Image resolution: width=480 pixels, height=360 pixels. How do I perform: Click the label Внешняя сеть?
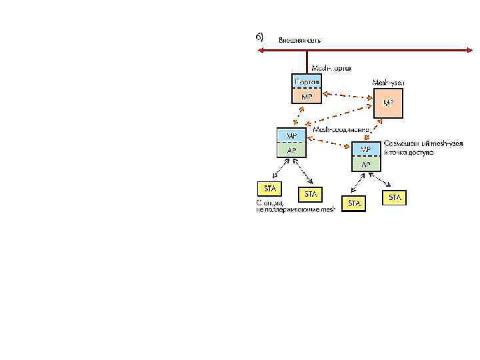299,40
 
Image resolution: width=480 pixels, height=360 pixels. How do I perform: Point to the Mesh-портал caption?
332,68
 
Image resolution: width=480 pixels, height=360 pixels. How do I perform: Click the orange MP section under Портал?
307,96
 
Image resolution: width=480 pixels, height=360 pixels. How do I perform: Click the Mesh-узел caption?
388,83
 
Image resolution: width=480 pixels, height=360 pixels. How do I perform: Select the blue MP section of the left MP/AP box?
292,135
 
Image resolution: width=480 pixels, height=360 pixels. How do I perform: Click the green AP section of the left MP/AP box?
292,150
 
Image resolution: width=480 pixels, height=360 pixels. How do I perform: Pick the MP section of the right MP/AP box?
367,149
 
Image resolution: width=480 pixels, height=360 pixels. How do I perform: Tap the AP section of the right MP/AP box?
367,163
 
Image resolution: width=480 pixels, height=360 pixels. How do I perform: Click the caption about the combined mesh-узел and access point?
422,148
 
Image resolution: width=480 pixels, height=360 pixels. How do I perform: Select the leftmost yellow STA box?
269,188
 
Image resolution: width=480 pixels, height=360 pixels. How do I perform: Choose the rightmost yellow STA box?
395,197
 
